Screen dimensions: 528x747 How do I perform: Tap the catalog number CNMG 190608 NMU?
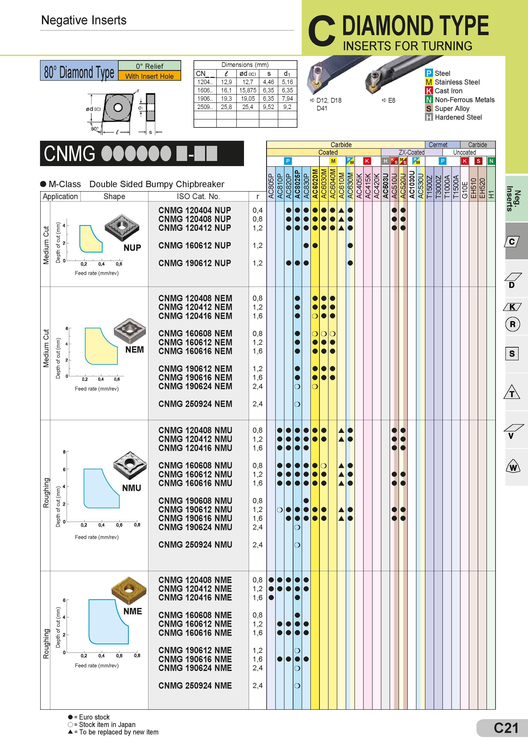195,500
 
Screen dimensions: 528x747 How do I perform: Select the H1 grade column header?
491,194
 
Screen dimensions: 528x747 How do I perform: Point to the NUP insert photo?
122,227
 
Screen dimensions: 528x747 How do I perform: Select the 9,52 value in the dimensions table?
268,107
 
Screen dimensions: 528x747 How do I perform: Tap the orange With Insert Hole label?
149,76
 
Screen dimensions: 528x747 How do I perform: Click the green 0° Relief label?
149,66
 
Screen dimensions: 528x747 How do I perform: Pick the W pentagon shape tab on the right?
513,468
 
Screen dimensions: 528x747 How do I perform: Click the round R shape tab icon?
513,324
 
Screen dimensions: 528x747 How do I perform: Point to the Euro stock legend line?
89,717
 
